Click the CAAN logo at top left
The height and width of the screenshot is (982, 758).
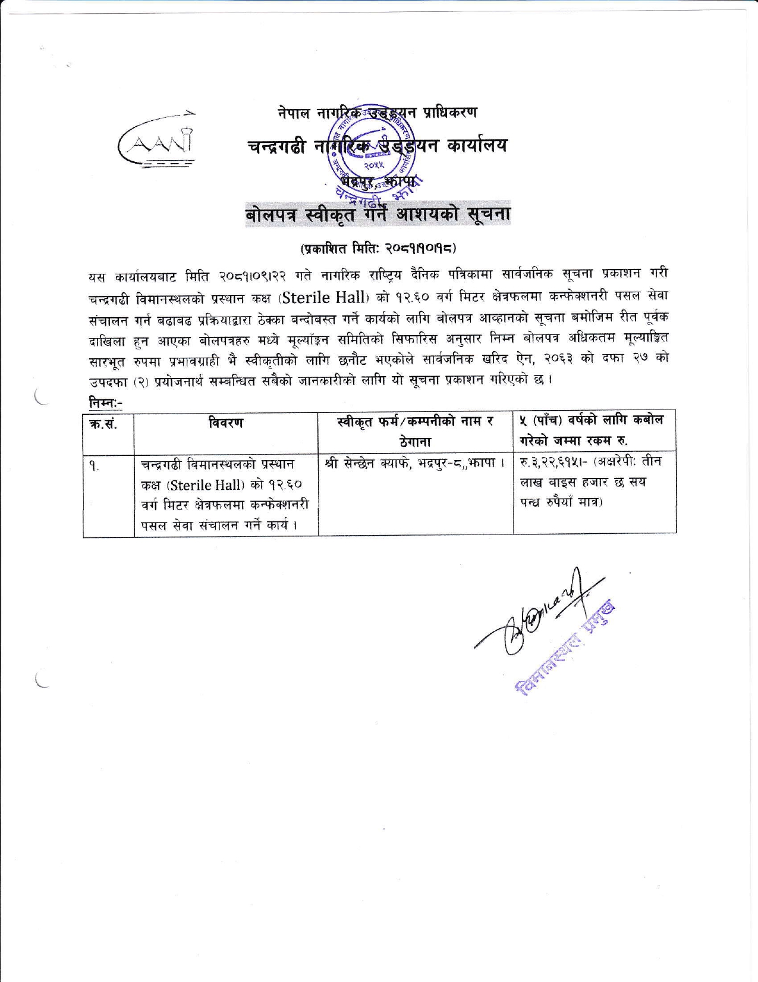coord(158,143)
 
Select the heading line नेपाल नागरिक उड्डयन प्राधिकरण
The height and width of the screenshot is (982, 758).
coord(378,111)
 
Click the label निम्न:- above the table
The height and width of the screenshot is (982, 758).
coord(105,403)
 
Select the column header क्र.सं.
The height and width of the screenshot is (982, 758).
coord(108,424)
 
